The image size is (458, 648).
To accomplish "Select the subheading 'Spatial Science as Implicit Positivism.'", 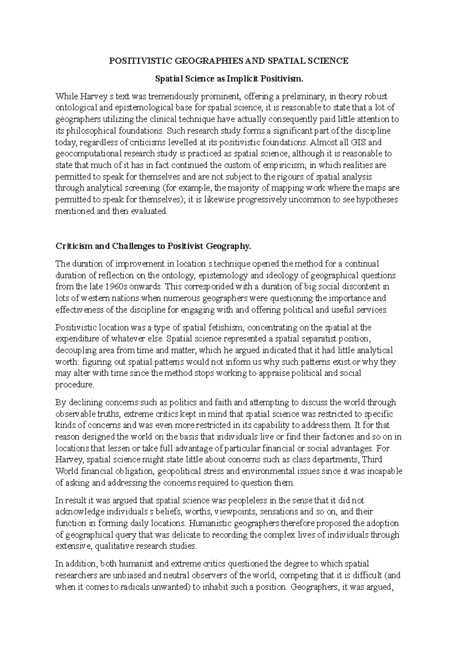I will click(229, 79).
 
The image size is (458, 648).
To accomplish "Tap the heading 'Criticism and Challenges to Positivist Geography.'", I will click(154, 246).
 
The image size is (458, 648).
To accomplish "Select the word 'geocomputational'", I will click(84, 154).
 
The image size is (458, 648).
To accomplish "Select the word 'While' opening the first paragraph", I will click(65, 97).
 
